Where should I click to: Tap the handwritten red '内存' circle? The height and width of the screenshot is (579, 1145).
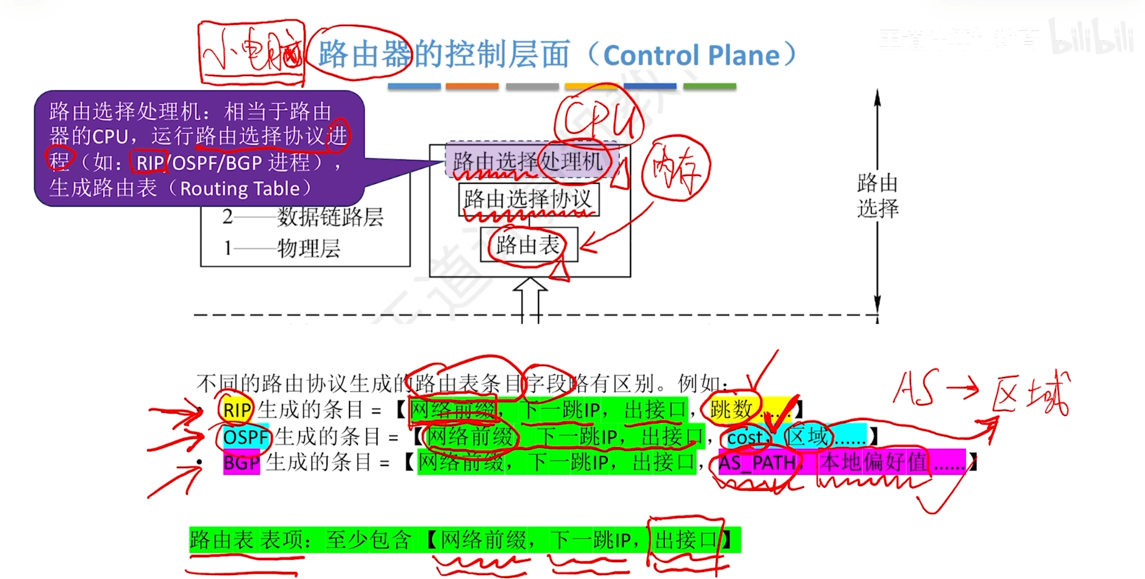[675, 168]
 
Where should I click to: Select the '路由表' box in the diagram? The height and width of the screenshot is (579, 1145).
[528, 245]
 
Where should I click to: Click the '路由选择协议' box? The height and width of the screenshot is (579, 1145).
[528, 199]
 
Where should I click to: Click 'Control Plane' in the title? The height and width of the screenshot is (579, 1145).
[691, 55]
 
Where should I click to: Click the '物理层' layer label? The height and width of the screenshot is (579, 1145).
[309, 248]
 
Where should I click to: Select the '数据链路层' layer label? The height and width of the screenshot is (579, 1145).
[330, 217]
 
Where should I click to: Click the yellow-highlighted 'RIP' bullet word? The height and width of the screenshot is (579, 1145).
[237, 410]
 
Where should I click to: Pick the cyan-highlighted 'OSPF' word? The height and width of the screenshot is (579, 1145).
[245, 437]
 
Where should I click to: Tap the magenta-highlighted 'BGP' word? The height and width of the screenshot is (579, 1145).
[241, 463]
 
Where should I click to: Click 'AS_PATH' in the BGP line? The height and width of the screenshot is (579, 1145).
[756, 463]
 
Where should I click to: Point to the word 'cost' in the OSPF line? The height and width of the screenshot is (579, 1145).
[745, 437]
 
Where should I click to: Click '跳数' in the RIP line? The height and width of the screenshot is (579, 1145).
[731, 409]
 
